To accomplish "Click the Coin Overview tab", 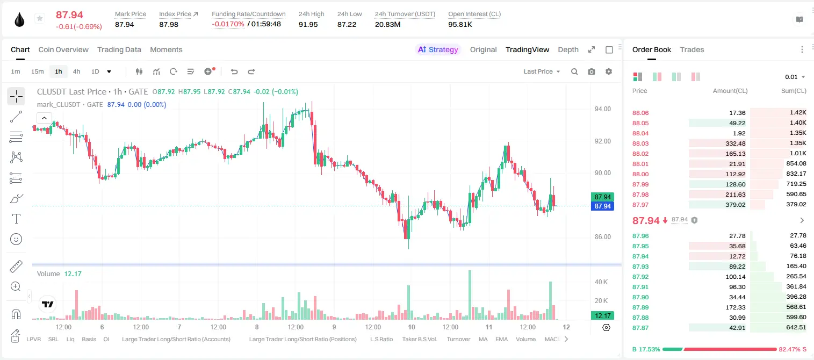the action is pos(63,49).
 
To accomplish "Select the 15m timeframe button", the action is pos(37,71).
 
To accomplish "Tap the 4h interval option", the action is pos(76,71).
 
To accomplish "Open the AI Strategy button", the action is pos(438,49).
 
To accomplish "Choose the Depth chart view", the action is pos(568,49).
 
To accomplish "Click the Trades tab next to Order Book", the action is pos(692,49).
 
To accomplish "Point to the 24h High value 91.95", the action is pos(308,24).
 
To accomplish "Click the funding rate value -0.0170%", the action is pos(228,24).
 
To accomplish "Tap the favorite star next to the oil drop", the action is pos(40,18).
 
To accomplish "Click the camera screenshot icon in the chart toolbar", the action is pos(592,71).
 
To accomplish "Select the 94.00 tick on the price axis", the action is pos(602,109).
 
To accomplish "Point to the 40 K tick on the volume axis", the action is pos(601,282).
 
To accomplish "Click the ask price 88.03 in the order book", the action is pos(640,143).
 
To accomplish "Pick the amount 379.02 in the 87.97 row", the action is pos(735,205).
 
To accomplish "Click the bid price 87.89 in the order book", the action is pos(640,307).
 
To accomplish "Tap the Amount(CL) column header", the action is pos(730,91).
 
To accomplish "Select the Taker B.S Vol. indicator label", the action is pos(419,339).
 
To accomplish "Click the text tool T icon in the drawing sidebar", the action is pos(16,219).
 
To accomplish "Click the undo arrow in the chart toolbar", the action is pos(234,71).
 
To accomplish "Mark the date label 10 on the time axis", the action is pos(412,327).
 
